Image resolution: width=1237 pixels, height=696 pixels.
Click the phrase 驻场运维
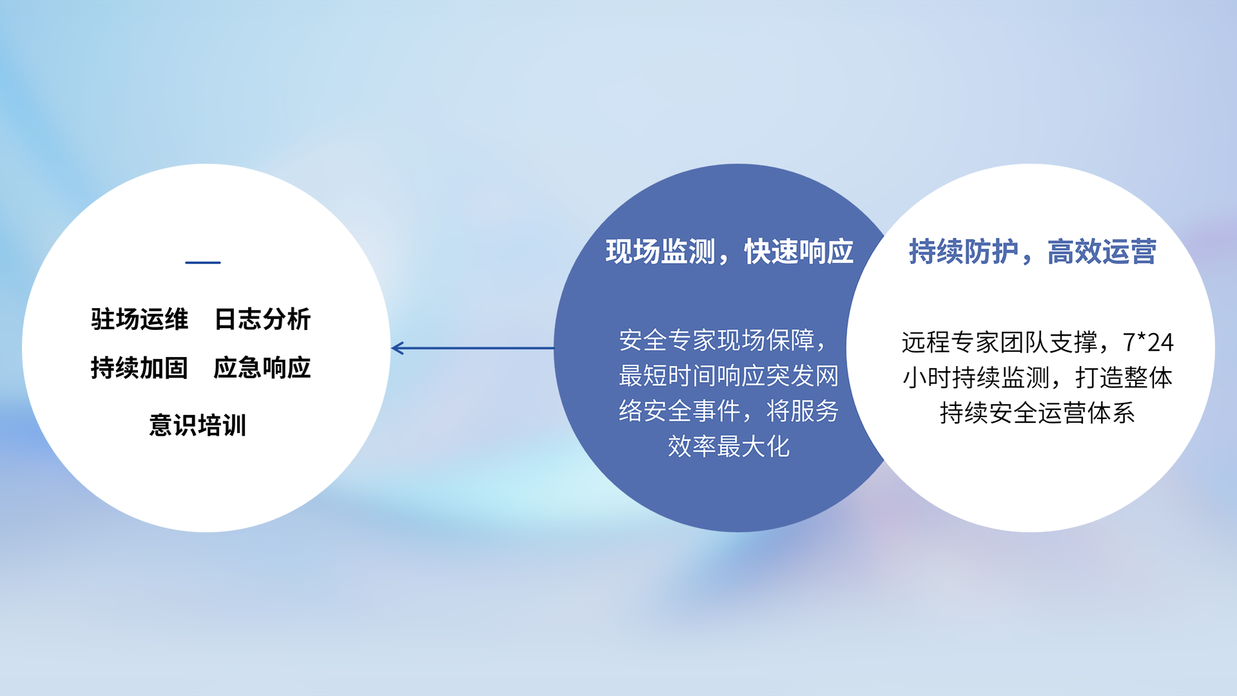(139, 319)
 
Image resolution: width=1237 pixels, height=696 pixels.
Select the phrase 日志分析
(262, 319)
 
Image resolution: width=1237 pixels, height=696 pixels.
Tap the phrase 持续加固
(139, 368)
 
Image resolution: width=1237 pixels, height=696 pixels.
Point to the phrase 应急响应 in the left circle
(262, 368)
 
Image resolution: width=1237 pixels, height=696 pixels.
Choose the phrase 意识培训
(198, 425)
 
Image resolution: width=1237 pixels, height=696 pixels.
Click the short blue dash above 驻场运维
(203, 262)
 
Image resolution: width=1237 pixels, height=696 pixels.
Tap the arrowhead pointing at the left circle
(397, 348)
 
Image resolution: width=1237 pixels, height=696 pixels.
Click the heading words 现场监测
(660, 251)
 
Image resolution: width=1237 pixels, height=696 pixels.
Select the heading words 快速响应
(799, 251)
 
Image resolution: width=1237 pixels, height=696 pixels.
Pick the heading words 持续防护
(964, 251)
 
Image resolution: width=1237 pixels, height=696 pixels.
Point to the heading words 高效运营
(1102, 251)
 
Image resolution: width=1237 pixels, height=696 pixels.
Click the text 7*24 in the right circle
(1149, 342)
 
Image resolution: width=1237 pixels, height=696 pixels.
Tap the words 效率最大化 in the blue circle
(729, 446)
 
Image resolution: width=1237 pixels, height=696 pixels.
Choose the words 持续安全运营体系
(1037, 413)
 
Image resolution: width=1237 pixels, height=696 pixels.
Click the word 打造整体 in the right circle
(1124, 378)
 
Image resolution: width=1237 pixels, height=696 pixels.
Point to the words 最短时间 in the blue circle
(668, 376)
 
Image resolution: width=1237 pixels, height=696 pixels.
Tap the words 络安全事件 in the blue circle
(680, 411)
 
